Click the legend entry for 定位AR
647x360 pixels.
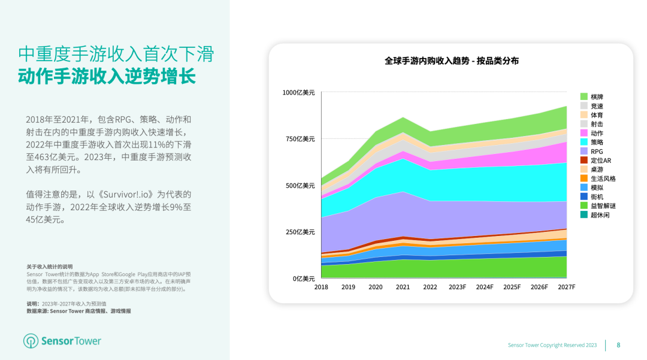[x=600, y=161]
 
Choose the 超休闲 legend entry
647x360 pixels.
[x=600, y=214]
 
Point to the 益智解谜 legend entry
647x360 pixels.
[x=603, y=205]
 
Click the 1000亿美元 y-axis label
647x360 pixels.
[x=298, y=92]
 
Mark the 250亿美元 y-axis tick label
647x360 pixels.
[x=300, y=232]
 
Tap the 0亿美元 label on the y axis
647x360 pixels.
[x=303, y=279]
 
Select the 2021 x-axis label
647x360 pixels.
[x=403, y=287]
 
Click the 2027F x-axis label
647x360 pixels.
[x=566, y=287]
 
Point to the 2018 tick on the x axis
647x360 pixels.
[x=321, y=287]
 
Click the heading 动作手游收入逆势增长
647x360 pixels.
[x=107, y=78]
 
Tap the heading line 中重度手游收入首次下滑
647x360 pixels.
[x=116, y=54]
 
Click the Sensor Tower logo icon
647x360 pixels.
[x=31, y=341]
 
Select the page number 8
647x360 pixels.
[x=618, y=345]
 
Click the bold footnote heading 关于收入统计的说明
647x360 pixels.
[x=49, y=267]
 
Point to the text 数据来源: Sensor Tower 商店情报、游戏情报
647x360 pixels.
[x=78, y=311]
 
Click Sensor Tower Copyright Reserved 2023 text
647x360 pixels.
[x=552, y=345]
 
